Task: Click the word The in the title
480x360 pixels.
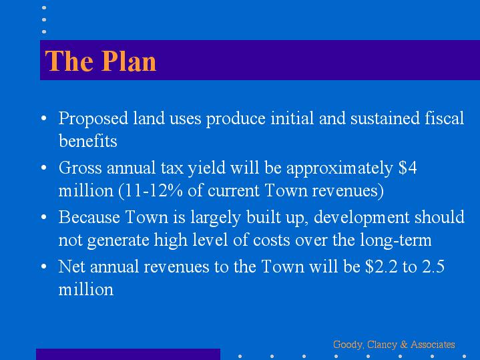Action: tap(69, 61)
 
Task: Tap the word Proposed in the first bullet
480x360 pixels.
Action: tap(93, 119)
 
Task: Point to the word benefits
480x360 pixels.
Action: tap(88, 141)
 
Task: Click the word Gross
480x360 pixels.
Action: tap(80, 168)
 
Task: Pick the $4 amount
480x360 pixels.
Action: tap(407, 168)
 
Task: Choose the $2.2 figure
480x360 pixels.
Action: tap(381, 266)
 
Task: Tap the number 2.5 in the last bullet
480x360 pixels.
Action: tap(433, 266)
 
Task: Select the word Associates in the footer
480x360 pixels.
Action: tap(433, 345)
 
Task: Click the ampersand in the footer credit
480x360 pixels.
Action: tap(404, 345)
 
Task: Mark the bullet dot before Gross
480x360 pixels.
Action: tap(44, 168)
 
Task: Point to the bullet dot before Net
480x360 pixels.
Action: tap(44, 266)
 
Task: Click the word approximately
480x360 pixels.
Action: tap(340, 168)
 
